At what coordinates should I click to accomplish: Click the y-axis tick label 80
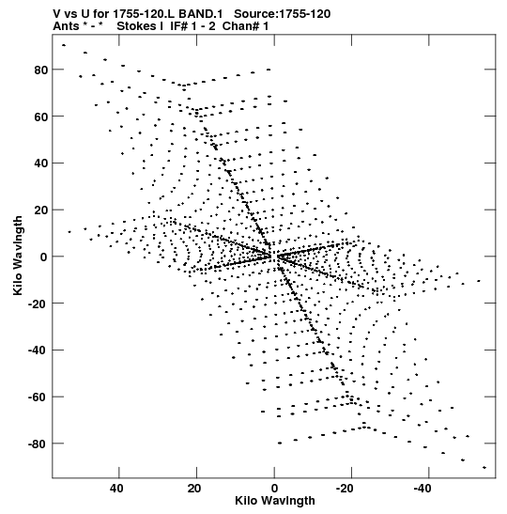click(41, 70)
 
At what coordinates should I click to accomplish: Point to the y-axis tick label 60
click(41, 117)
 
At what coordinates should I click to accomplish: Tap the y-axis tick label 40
click(41, 164)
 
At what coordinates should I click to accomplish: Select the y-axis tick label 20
click(41, 210)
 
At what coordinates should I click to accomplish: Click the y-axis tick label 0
click(44, 257)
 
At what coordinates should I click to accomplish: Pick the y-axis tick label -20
click(38, 304)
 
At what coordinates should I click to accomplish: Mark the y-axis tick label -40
click(38, 350)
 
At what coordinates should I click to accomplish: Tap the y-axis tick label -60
click(38, 397)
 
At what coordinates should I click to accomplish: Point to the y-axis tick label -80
click(38, 444)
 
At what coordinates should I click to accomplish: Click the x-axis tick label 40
click(117, 489)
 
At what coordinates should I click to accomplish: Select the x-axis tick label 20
click(194, 489)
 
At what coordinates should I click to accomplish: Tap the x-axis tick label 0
click(274, 489)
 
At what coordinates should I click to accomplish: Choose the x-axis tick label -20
click(345, 489)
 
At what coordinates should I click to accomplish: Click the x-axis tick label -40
click(422, 489)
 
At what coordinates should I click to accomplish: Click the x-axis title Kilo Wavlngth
click(275, 501)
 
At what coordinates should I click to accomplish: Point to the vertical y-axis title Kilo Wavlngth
click(18, 256)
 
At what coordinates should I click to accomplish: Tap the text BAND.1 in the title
click(200, 14)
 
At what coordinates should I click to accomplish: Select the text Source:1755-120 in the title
click(283, 14)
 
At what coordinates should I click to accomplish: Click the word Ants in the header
click(66, 26)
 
